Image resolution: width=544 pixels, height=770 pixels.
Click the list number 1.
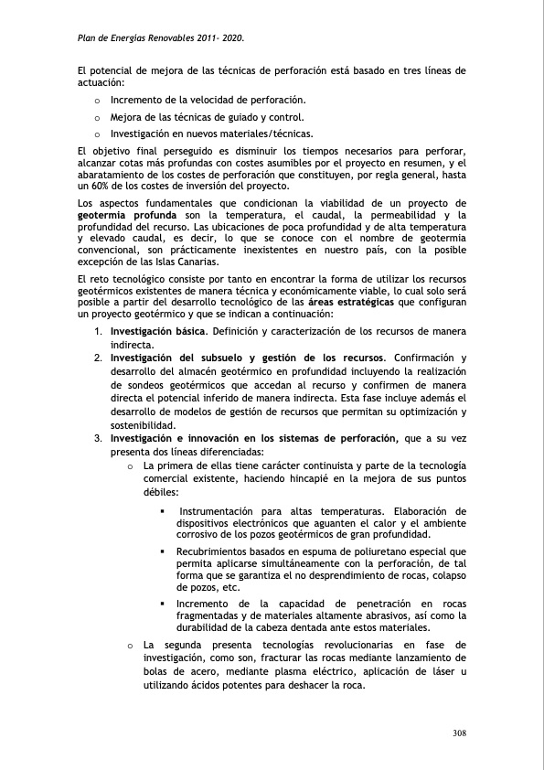tap(97, 329)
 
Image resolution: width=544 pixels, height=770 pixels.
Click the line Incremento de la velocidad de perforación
tap(208, 99)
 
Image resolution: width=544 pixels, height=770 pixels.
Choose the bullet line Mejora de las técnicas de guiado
tap(207, 116)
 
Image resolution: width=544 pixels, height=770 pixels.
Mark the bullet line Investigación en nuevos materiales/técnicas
tap(211, 134)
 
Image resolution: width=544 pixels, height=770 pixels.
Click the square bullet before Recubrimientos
tap(163, 551)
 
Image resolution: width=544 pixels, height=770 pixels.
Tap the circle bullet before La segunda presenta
tap(131, 645)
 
